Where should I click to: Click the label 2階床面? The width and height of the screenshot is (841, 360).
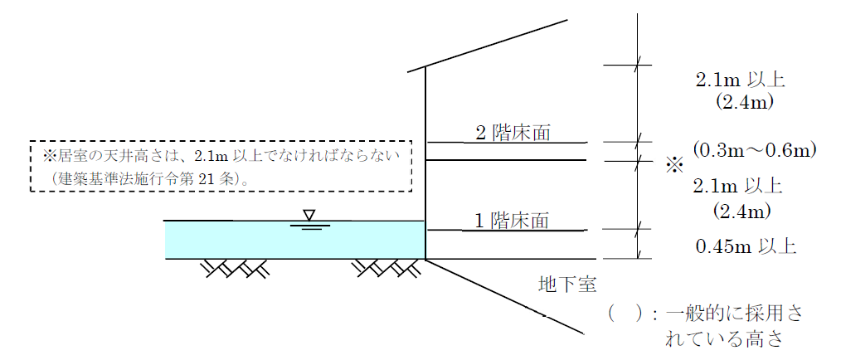513,132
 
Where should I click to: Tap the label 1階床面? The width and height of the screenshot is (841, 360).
512,220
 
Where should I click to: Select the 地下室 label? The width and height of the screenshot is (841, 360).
564,286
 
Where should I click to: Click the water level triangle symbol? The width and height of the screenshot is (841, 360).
309,216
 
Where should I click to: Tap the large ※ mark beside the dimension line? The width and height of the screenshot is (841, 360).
673,166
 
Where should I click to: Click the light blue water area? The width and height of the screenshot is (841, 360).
249,240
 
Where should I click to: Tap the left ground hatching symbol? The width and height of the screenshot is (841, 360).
236,268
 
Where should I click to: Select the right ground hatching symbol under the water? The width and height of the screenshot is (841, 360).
385,268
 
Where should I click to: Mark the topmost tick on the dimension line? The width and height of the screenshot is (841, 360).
638,64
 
